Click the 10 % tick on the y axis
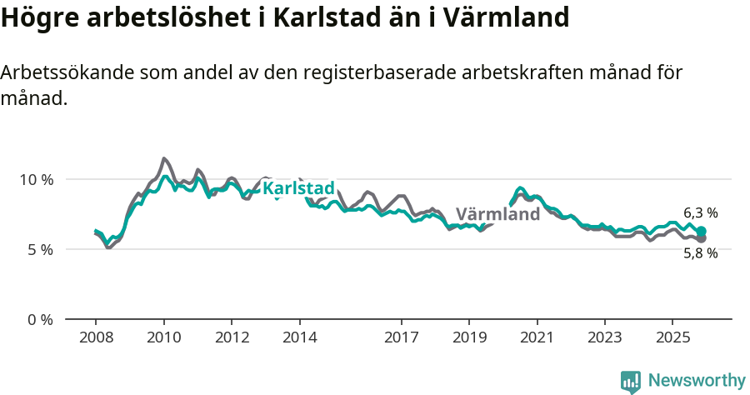(x=36, y=179)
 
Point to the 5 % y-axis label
(x=39, y=249)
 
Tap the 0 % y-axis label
(x=39, y=319)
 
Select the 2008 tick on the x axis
(x=96, y=337)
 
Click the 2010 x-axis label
(x=163, y=337)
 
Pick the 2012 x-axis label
(x=232, y=337)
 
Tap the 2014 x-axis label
(x=299, y=337)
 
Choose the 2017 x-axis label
(x=401, y=337)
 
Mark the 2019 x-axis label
(x=469, y=337)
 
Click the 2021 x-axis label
(x=537, y=337)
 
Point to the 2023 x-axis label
(x=604, y=337)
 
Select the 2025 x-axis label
(x=672, y=337)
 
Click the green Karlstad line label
(x=298, y=188)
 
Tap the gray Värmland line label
(x=497, y=214)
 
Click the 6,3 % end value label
(x=700, y=213)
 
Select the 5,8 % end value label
(x=700, y=253)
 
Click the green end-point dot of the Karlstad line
(x=701, y=232)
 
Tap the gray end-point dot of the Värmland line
(x=701, y=239)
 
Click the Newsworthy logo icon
(x=631, y=382)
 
